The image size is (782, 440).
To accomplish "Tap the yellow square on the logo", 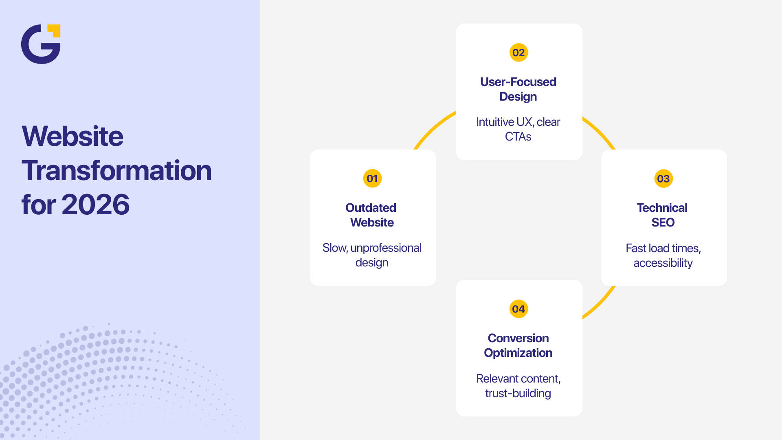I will pos(55,31).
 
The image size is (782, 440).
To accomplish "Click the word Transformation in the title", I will pos(116,170).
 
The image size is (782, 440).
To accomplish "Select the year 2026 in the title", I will pos(96,205).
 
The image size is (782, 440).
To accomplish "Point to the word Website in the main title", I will pos(72,136).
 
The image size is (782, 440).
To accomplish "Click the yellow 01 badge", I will pos(372,178).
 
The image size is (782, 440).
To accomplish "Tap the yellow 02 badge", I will pos(518,53).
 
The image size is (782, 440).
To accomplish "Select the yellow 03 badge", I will pos(663,178).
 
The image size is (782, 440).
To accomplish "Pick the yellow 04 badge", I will pos(518,309).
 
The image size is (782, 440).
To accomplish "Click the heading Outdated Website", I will pos(371,215).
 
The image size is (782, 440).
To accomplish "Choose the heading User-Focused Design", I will pos(518,89).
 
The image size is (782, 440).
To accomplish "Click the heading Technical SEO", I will pos(662,215).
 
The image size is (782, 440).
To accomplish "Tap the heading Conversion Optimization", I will pos(518,345).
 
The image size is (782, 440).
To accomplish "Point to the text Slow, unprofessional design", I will pos(372,255).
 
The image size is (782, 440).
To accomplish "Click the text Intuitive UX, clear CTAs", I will pos(518,129).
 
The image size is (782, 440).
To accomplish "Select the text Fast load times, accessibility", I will pos(663,255).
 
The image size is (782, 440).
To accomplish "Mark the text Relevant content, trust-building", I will pos(518,386).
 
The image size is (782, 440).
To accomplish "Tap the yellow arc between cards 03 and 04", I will pos(600,303).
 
